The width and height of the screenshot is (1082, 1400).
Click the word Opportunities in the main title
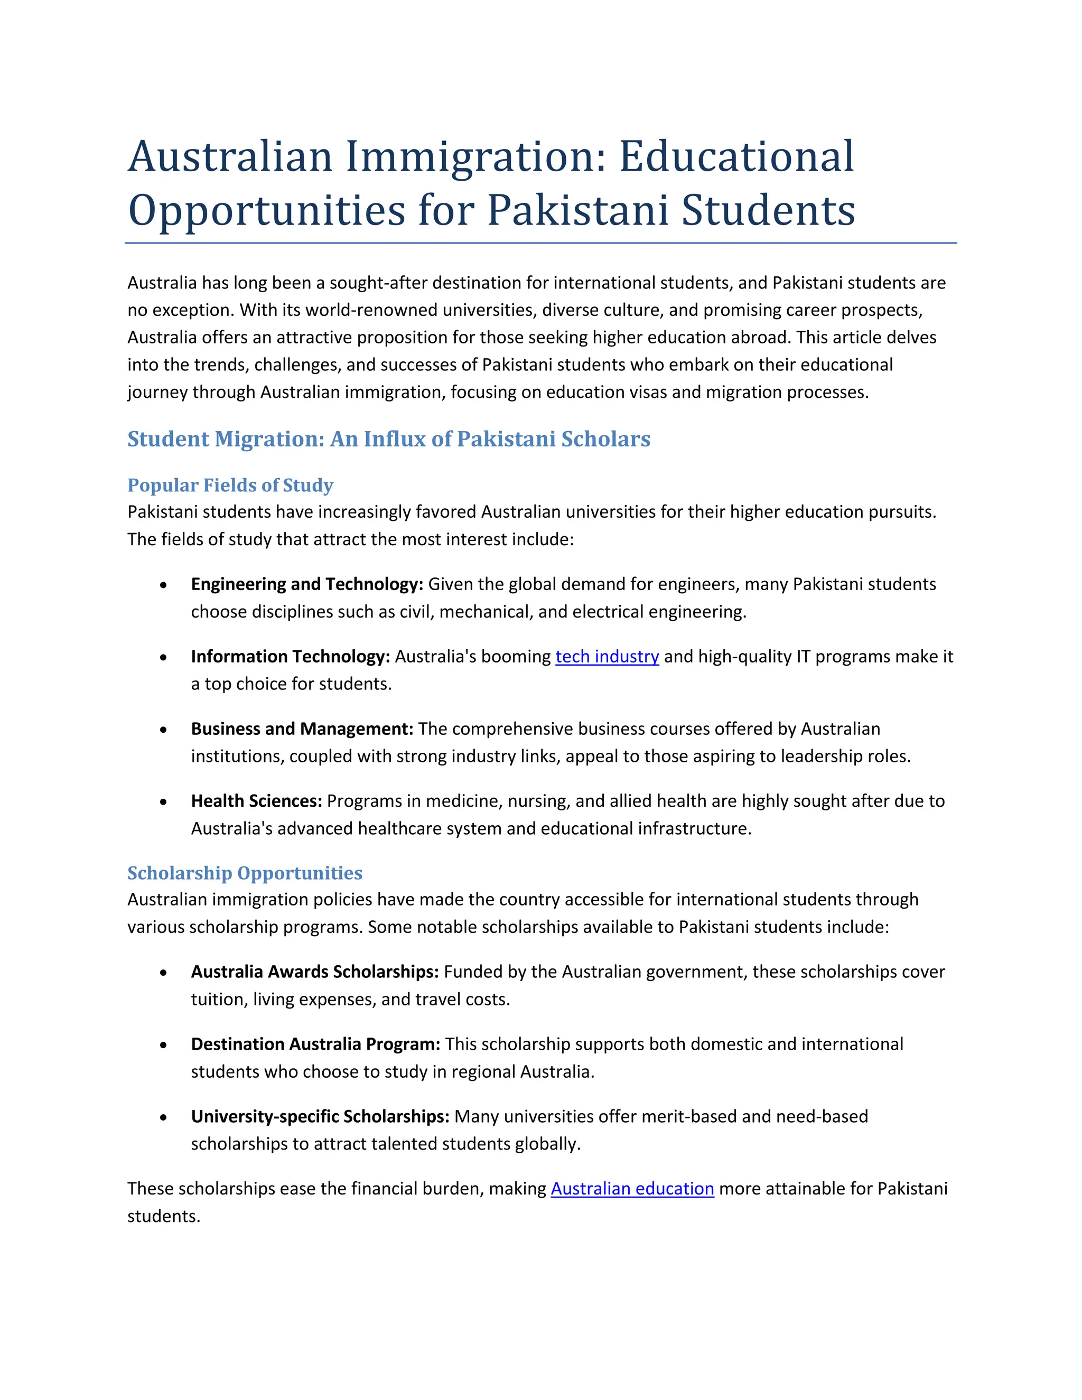[x=267, y=211]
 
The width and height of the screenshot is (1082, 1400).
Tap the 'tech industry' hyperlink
[x=607, y=656]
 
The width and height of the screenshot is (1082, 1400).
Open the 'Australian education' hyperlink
[x=631, y=1189]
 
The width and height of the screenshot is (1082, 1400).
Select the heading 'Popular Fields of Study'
[x=230, y=486]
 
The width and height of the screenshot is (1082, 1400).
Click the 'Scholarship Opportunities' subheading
[x=244, y=873]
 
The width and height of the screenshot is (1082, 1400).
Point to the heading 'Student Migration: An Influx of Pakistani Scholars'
[x=388, y=439]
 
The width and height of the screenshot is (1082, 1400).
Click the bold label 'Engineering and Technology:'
[x=306, y=584]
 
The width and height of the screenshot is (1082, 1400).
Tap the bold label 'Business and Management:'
[x=301, y=729]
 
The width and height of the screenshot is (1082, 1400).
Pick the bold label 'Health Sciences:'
[x=256, y=801]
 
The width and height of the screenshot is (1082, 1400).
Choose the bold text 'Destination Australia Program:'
[x=315, y=1044]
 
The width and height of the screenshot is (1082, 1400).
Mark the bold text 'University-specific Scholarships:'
[x=319, y=1117]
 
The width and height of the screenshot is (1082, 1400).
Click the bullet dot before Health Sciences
[x=164, y=802]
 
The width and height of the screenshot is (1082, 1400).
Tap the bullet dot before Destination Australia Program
[x=164, y=1045]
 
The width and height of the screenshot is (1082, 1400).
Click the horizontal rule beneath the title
[x=540, y=244]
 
